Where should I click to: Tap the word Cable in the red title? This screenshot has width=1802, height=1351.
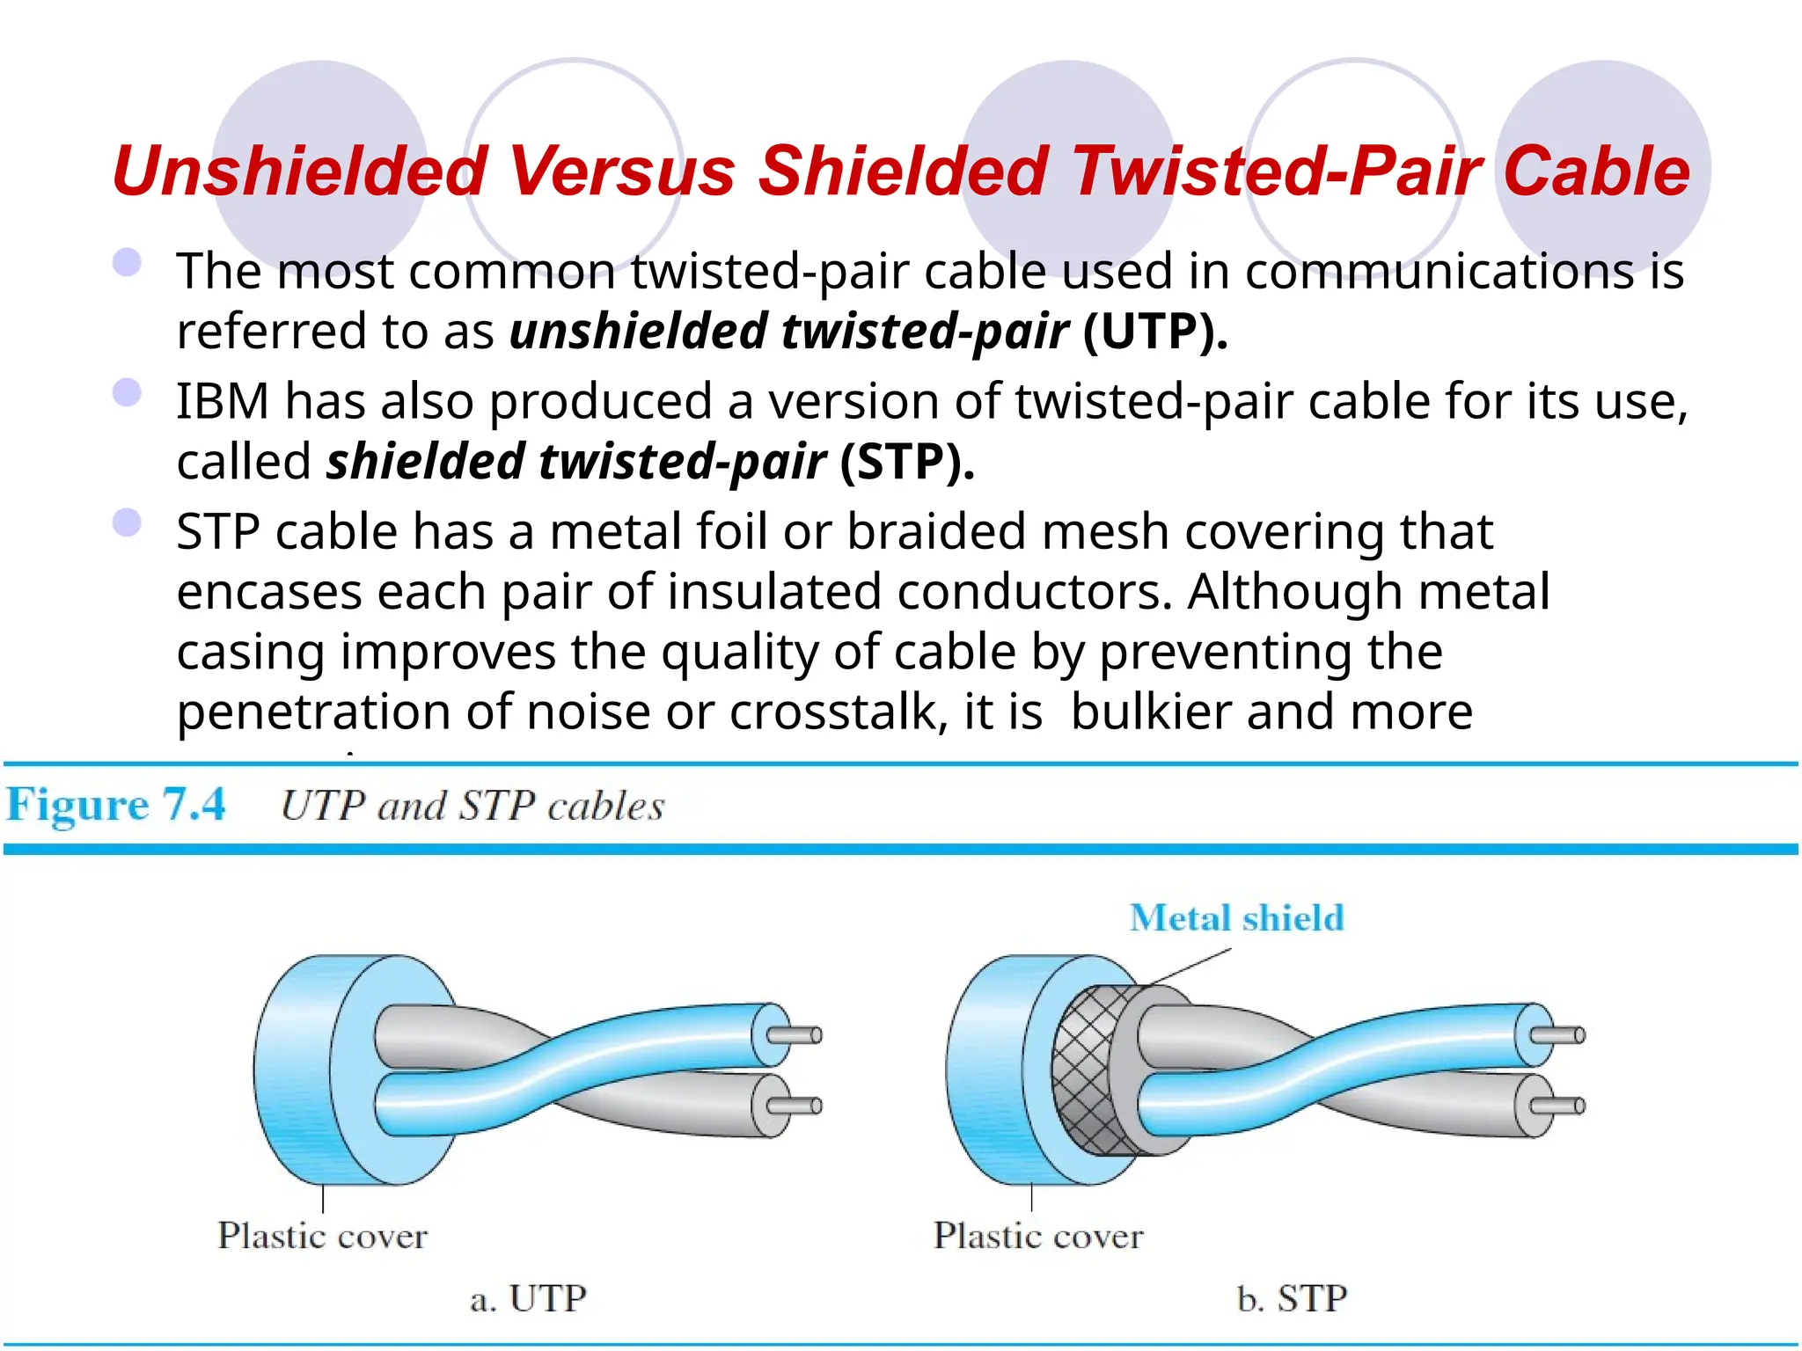(1596, 171)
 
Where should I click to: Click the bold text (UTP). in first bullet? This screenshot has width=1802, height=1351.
(1154, 332)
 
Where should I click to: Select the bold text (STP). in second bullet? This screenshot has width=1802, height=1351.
(907, 462)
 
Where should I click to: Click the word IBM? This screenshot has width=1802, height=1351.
(222, 401)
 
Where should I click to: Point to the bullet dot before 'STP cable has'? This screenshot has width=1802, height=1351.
(128, 522)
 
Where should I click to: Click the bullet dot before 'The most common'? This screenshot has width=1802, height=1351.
(128, 262)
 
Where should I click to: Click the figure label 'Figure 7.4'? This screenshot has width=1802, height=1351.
(115, 805)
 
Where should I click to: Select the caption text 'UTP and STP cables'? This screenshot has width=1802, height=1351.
(472, 806)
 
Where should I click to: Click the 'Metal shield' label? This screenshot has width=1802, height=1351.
(1236, 918)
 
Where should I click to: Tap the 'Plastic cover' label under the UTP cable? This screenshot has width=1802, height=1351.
(322, 1236)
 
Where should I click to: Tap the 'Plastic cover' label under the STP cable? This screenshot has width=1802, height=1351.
(1038, 1236)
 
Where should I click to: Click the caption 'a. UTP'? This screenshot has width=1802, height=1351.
(528, 1299)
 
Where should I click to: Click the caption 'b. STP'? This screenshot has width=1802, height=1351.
(1291, 1299)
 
